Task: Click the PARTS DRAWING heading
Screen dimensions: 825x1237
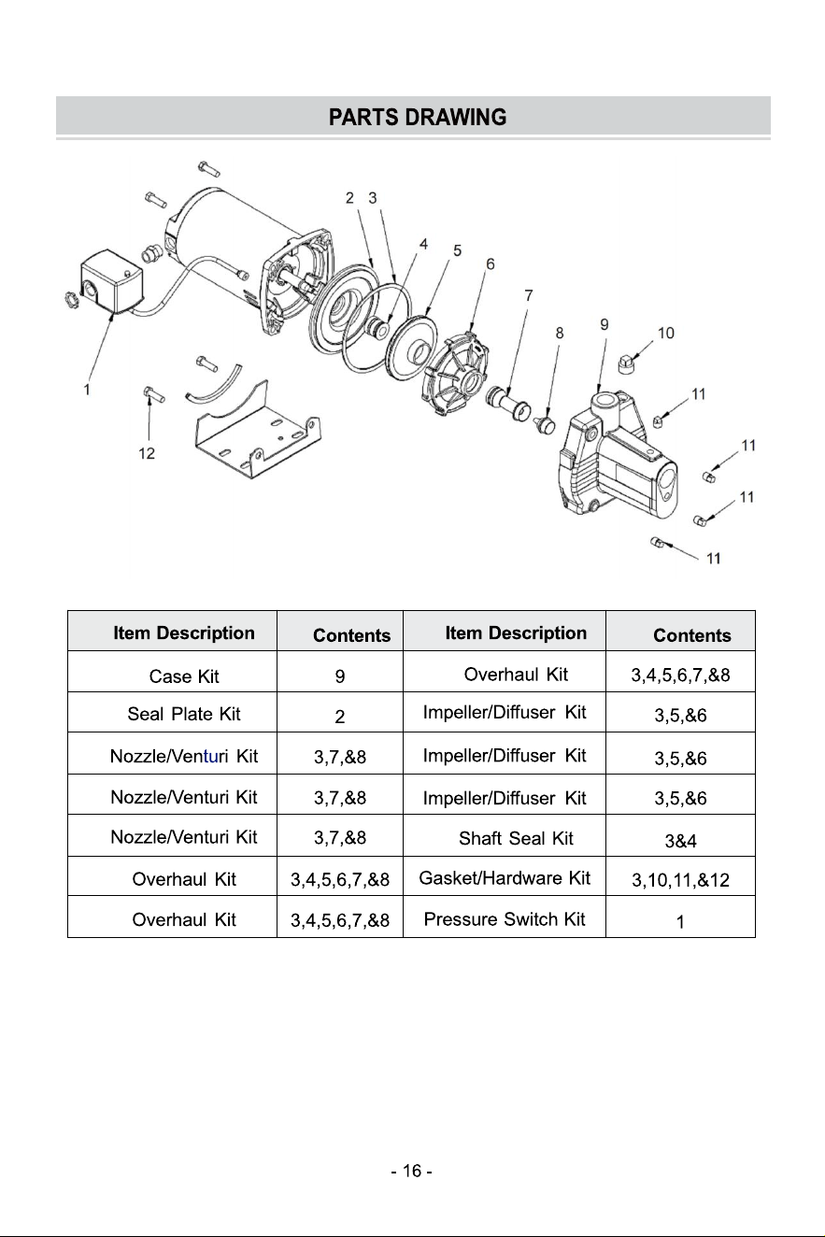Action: point(418,117)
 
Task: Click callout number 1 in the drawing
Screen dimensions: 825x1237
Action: point(87,390)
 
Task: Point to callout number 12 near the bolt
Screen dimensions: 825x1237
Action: point(147,453)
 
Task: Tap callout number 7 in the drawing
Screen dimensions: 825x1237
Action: point(529,295)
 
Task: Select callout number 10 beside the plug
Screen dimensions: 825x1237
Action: point(666,333)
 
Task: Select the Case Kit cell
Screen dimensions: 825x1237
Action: point(184,676)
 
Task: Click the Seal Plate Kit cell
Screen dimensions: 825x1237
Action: point(184,714)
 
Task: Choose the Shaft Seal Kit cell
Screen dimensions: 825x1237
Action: point(516,838)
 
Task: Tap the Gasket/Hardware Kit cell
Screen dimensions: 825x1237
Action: point(505,878)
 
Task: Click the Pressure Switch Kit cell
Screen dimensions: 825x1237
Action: point(505,919)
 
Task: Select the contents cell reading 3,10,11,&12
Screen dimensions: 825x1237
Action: point(680,880)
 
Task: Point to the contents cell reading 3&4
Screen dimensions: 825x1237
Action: point(680,841)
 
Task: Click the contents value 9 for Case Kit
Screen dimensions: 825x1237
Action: point(339,676)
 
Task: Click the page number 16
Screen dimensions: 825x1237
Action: point(412,1171)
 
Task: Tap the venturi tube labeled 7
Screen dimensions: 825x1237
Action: point(508,403)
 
